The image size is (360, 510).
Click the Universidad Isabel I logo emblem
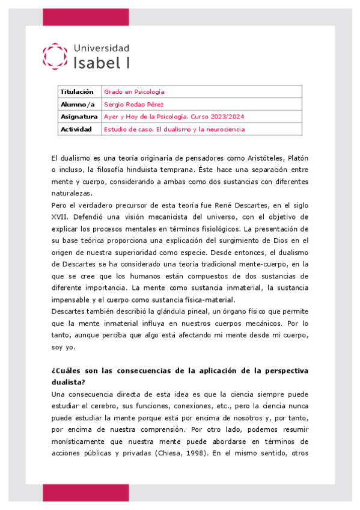55,55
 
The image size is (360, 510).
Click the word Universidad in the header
101,48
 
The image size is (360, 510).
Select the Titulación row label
76,92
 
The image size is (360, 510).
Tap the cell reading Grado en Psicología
134,92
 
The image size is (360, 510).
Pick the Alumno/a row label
75,105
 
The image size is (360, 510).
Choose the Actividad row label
76,129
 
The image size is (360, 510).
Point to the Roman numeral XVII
60,217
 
